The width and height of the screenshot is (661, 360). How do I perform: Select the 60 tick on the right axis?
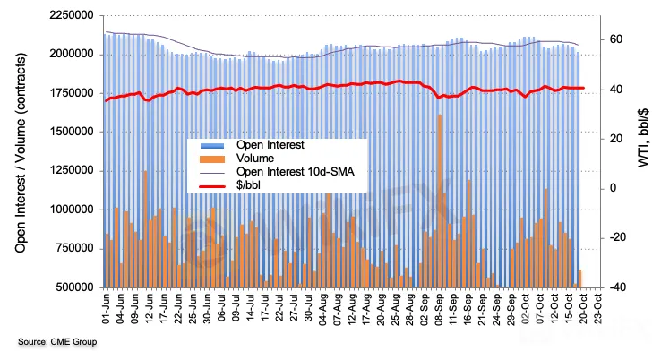616,39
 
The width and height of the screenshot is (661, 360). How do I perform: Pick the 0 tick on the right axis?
614,188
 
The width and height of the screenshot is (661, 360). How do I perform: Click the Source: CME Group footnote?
56,342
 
